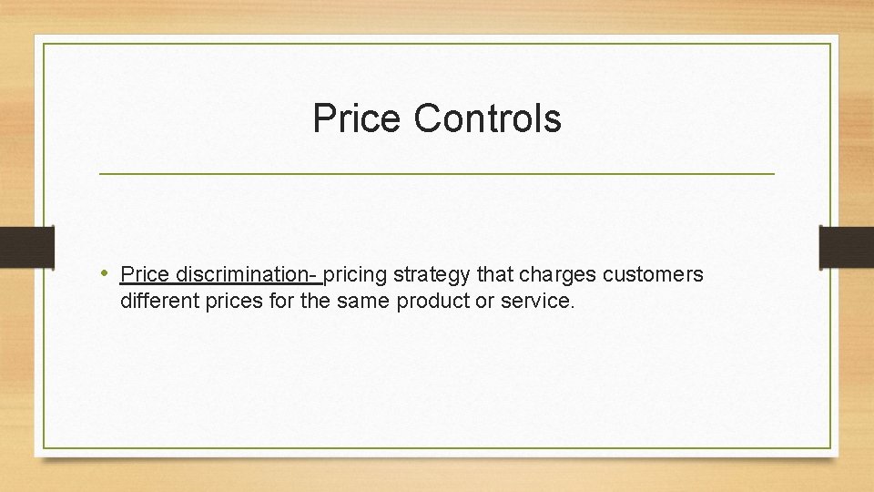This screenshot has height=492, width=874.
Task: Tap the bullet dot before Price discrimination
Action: (106, 273)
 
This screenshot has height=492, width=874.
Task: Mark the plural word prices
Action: (230, 301)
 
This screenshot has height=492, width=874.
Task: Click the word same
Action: (361, 301)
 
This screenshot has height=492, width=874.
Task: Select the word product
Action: (432, 301)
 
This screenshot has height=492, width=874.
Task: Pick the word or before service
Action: (485, 301)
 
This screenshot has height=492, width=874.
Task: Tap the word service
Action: (536, 301)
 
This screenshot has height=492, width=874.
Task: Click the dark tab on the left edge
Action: (26, 247)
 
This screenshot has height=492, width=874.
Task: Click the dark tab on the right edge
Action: (846, 247)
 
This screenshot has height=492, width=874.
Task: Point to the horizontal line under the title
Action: (436, 173)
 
